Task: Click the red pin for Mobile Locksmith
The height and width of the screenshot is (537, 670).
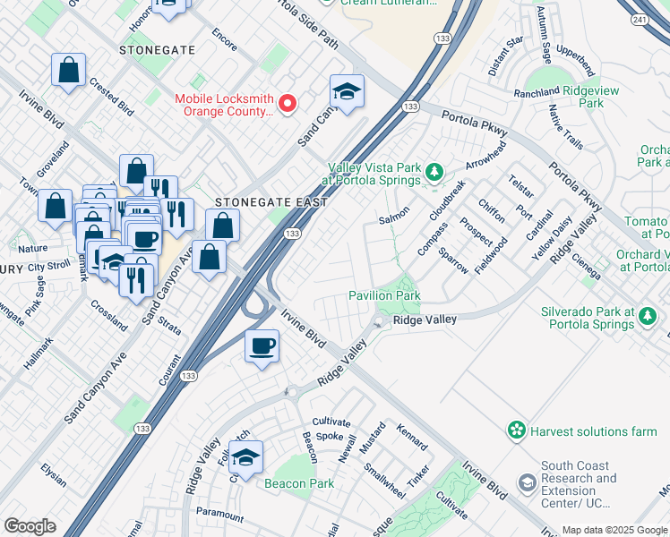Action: click(x=288, y=103)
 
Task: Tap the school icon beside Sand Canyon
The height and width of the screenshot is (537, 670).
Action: click(x=347, y=91)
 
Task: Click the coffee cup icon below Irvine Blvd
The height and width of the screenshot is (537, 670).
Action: click(x=262, y=345)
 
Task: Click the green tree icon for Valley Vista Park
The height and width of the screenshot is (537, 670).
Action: click(x=434, y=170)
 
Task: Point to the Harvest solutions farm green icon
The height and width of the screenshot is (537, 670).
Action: click(x=517, y=431)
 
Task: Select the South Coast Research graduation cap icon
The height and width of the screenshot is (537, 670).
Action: click(x=528, y=483)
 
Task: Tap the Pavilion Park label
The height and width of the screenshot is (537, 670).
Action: click(x=384, y=295)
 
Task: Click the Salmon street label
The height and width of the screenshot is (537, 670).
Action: click(x=394, y=216)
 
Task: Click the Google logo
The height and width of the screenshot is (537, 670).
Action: click(x=30, y=526)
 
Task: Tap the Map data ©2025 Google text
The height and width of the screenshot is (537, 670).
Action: click(x=614, y=530)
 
